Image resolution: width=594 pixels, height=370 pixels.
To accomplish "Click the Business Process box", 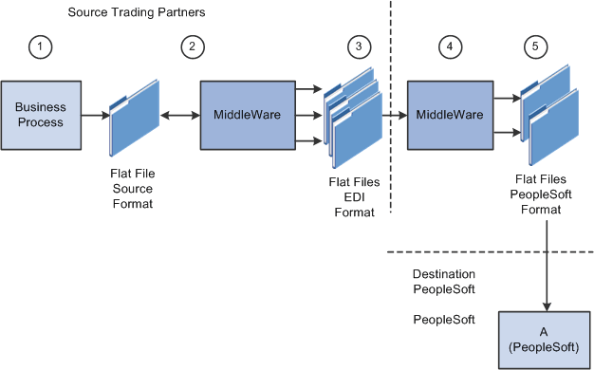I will pos(41,115).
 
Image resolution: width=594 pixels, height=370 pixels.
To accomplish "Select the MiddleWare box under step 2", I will pos(247,115).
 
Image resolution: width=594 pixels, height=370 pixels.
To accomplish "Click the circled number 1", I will pos(38,46).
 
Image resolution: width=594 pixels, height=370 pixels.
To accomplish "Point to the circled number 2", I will pos(194,46).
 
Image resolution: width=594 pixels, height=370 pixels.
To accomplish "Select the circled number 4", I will pos(451,46).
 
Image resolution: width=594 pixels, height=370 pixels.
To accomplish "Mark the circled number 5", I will pos(533,46).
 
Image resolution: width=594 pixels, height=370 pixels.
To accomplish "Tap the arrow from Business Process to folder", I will pos(94,115).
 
